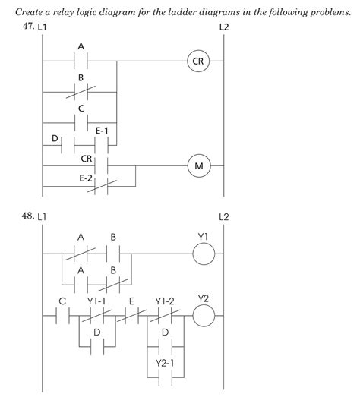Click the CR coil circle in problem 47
point(197,61)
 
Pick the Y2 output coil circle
point(203,314)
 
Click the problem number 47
point(29,27)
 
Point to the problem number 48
point(29,216)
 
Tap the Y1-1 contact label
point(96,301)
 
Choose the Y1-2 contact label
point(165,301)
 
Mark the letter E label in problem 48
point(131,301)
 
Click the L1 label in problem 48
point(43,217)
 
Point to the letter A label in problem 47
point(81,46)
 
